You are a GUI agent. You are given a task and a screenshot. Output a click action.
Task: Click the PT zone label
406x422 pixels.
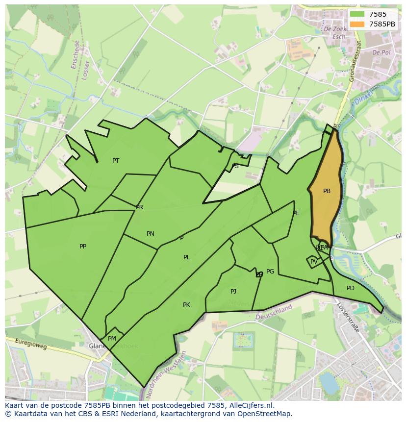116,161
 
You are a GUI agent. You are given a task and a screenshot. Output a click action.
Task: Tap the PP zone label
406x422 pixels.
83,247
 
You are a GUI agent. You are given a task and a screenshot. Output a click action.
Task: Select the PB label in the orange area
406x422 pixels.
327,192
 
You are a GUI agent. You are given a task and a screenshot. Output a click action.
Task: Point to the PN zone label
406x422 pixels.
151,234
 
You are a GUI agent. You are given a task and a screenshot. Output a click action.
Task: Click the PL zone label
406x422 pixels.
187,257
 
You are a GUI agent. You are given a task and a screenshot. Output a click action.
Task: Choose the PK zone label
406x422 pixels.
186,305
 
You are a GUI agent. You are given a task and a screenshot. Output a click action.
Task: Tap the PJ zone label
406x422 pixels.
233,292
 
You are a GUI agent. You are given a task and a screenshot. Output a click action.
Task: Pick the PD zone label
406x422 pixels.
350,288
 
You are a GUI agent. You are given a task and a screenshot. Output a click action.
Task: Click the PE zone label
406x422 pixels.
296,213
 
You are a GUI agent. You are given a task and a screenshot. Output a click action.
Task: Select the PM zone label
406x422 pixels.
112,339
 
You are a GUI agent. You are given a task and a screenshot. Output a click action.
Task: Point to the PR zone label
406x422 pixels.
140,207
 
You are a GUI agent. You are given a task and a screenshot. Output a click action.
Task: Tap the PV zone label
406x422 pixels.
314,262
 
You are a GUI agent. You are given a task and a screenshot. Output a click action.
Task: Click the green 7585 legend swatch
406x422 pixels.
357,15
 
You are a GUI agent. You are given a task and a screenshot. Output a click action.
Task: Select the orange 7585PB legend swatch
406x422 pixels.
357,24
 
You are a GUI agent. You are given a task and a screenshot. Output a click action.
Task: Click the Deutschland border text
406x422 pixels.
274,312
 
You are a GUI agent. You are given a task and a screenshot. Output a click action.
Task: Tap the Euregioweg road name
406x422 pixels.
31,344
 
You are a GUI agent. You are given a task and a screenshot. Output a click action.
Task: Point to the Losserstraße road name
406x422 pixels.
348,317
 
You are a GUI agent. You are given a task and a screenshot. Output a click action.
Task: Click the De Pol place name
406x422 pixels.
381,52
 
